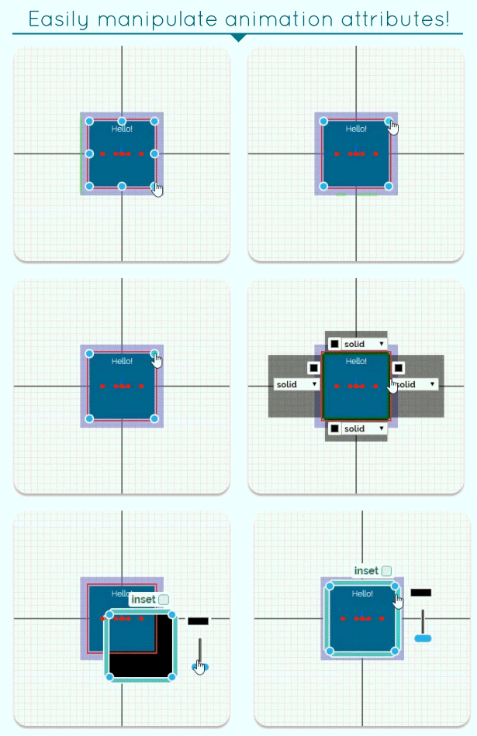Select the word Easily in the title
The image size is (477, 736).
(x=58, y=19)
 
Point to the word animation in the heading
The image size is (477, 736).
(x=279, y=19)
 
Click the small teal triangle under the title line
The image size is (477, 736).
(x=239, y=37)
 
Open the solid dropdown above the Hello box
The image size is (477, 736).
(x=364, y=344)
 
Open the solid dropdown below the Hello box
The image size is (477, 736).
(x=364, y=428)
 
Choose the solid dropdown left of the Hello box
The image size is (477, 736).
(x=296, y=384)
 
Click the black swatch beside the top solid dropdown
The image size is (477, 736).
(x=334, y=344)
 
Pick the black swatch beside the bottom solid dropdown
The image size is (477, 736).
(x=334, y=428)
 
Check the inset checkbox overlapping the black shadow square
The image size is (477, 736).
(x=164, y=600)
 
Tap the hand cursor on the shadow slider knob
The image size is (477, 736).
(x=200, y=668)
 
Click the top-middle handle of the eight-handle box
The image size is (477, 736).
(x=122, y=122)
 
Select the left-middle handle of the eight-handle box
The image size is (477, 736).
(x=89, y=153)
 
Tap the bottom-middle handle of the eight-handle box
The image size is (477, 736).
(x=122, y=187)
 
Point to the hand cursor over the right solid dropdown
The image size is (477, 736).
(x=394, y=385)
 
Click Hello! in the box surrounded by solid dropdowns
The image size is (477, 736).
(x=356, y=361)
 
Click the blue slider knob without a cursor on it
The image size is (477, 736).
(x=423, y=638)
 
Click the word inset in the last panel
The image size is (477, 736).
(x=366, y=571)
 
